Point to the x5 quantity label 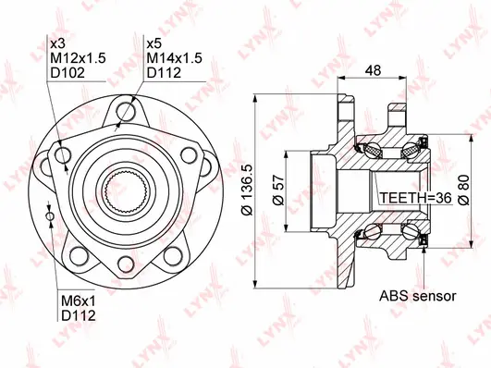(x=153, y=43)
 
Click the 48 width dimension (x=374, y=70)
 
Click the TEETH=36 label (x=415, y=198)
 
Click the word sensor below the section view (x=435, y=297)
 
